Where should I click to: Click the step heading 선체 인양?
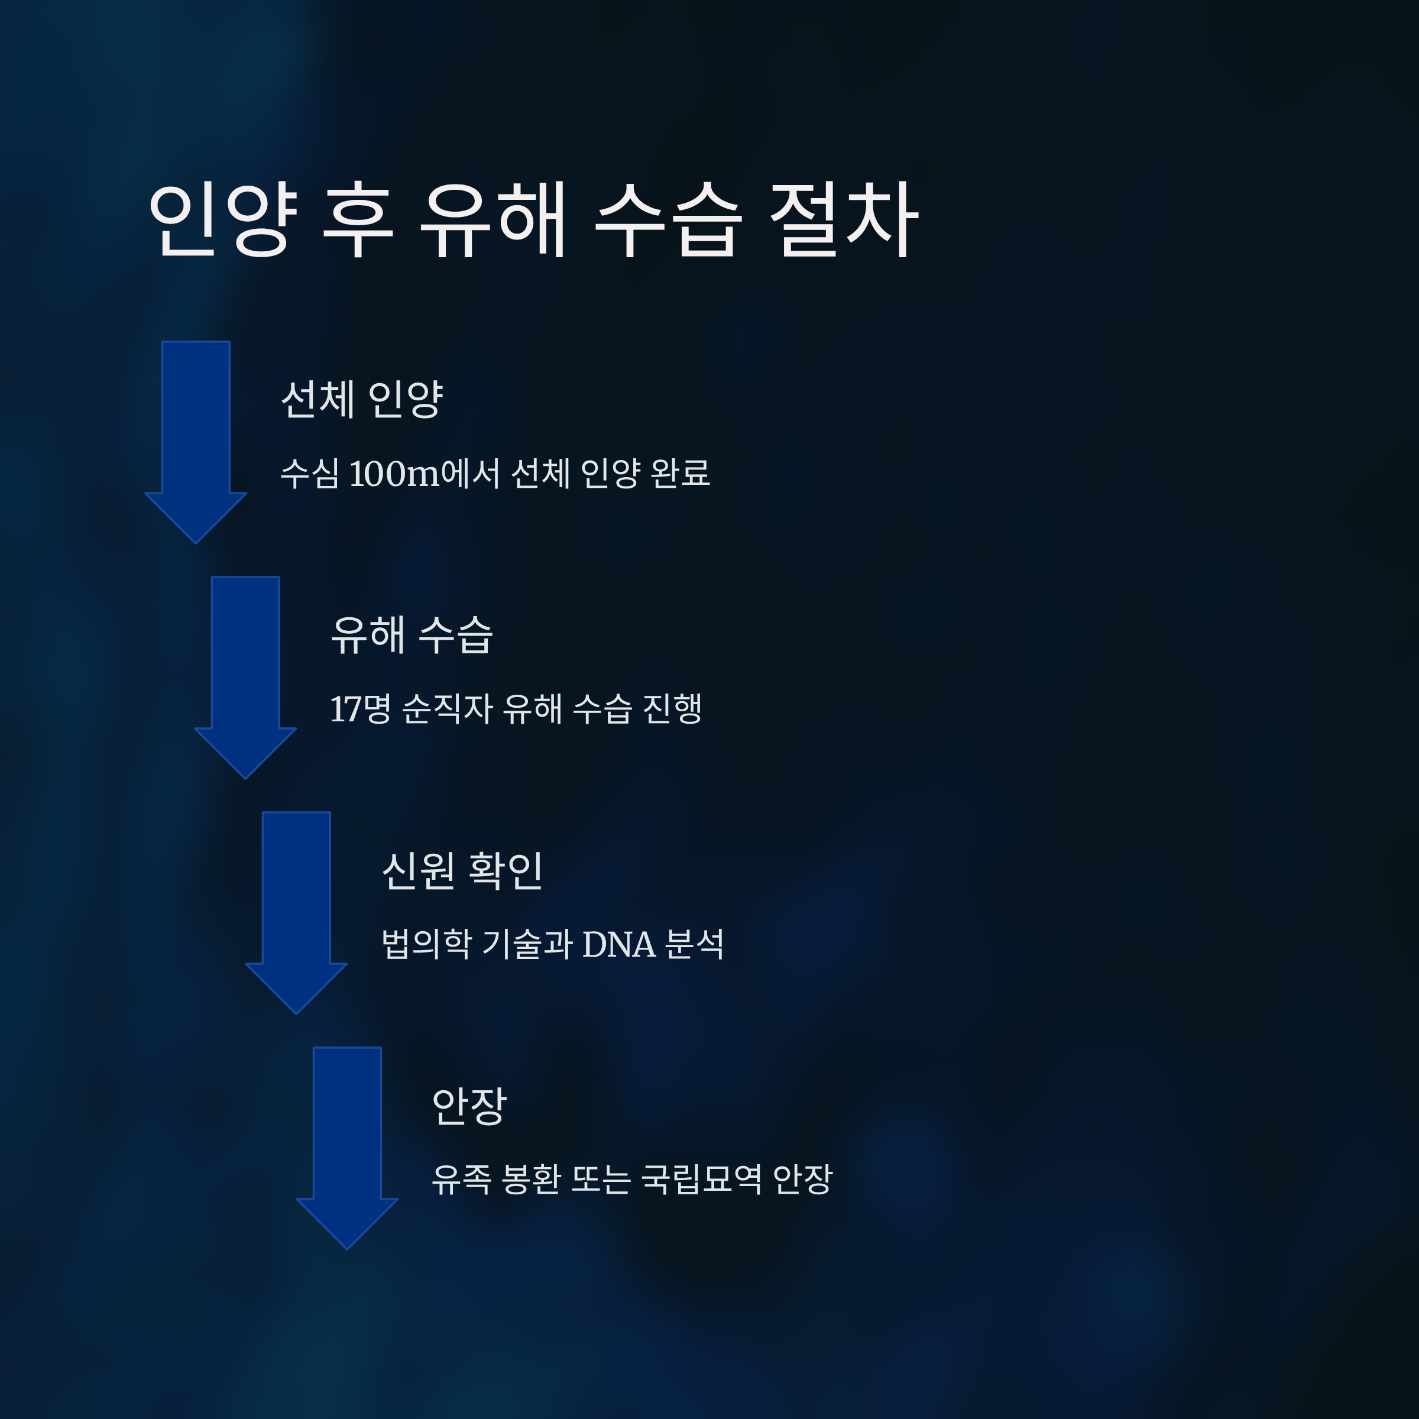[362, 400]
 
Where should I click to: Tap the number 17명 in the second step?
[360, 709]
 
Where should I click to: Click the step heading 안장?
[469, 1106]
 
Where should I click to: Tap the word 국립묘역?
[701, 1180]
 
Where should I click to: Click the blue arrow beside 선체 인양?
[195, 433]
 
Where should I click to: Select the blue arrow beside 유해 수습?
[245, 668]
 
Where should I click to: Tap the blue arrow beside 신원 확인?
[296, 903]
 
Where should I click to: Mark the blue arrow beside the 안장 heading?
[346, 1138]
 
